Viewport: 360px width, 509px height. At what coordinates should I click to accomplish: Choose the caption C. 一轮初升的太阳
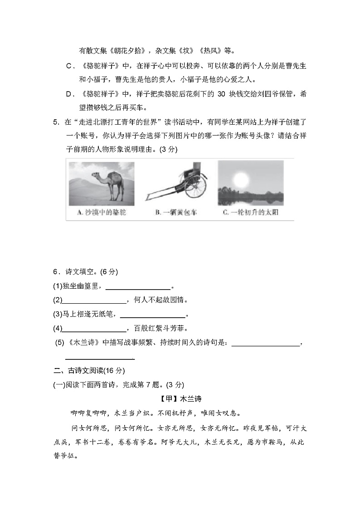(x=251, y=212)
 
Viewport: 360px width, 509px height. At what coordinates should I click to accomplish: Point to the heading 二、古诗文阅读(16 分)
(x=88, y=371)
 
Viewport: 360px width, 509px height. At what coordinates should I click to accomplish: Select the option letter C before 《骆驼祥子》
(x=70, y=66)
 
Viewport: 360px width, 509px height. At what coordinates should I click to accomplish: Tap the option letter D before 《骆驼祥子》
(x=70, y=94)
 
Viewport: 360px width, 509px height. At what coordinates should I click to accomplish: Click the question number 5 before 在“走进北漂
(x=55, y=122)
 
